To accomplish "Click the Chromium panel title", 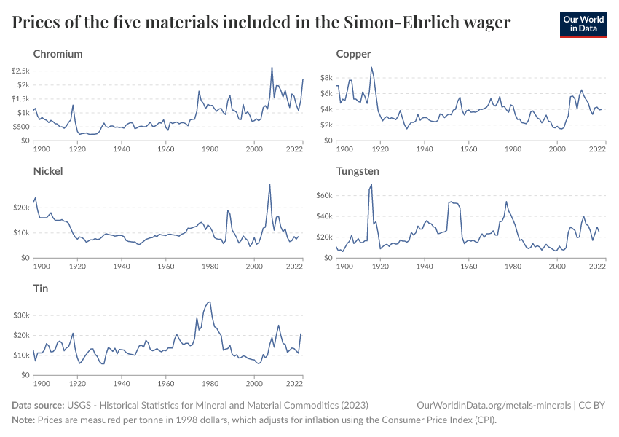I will tap(58, 54).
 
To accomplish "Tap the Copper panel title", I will tap(353, 54).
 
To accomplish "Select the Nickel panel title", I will tap(48, 171).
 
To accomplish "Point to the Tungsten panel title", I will tap(358, 171).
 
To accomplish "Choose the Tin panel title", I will tap(41, 288).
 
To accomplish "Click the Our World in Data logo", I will tap(583, 24).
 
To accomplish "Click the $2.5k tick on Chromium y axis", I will tap(20, 71).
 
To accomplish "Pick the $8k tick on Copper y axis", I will tap(326, 78).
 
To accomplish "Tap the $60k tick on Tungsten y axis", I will tap(324, 196).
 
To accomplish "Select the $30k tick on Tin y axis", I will tap(20, 315).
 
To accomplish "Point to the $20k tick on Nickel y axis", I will tap(20, 208).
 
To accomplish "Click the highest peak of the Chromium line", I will tap(272, 67).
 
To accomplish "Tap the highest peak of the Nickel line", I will tap(270, 184).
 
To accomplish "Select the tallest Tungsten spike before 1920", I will tap(371, 184).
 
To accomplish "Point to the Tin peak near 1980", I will tap(210, 302).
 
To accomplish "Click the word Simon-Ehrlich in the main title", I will tap(404, 23).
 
